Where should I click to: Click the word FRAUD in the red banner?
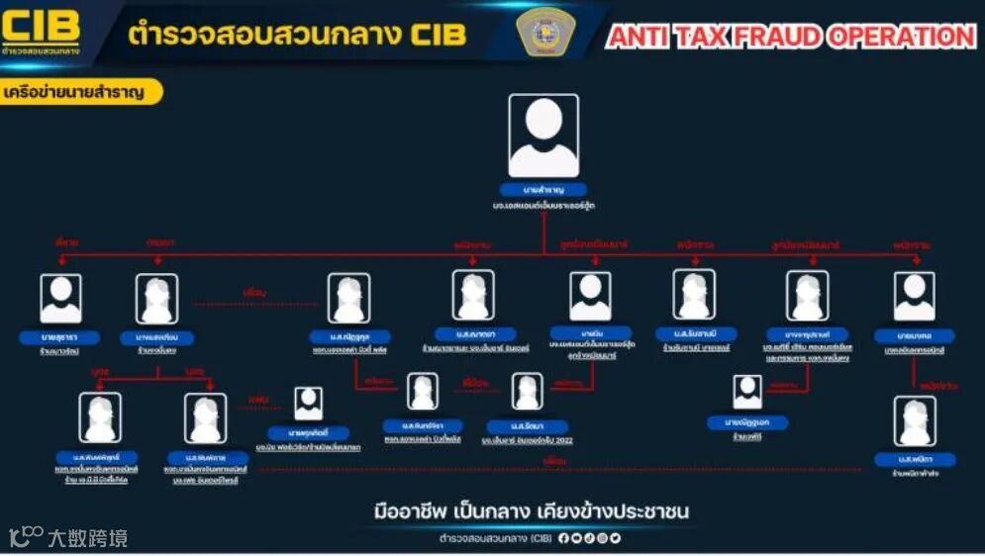(765, 38)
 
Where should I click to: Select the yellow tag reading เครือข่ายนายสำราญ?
(81, 92)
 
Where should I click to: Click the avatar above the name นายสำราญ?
(543, 136)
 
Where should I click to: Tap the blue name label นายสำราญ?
(543, 189)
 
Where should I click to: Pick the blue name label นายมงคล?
(914, 335)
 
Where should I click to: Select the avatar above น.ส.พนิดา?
(914, 420)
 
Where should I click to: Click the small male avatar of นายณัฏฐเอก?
(747, 392)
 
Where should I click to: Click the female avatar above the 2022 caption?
(527, 392)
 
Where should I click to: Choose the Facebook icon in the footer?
(563, 539)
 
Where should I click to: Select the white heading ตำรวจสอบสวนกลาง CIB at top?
(297, 35)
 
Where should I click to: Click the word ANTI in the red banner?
(641, 38)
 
